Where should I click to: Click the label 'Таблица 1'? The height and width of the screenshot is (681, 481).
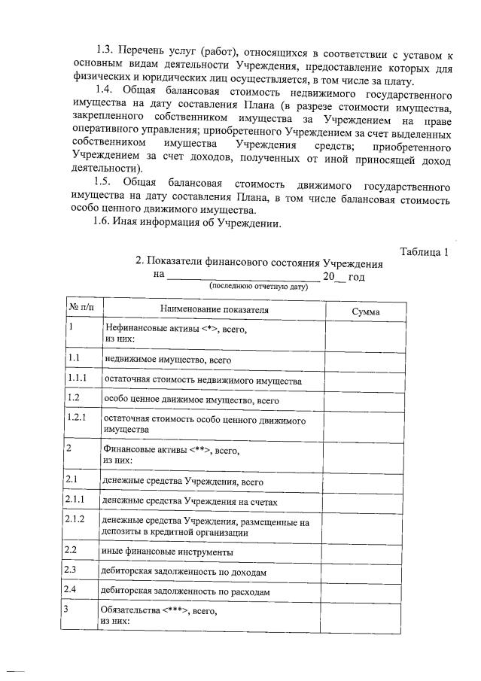(x=424, y=252)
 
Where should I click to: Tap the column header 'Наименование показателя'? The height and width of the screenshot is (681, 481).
(x=214, y=310)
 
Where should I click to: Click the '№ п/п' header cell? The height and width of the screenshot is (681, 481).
(x=81, y=309)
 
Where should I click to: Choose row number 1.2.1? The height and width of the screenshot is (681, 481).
(x=78, y=416)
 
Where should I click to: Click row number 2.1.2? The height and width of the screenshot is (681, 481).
(x=78, y=519)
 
